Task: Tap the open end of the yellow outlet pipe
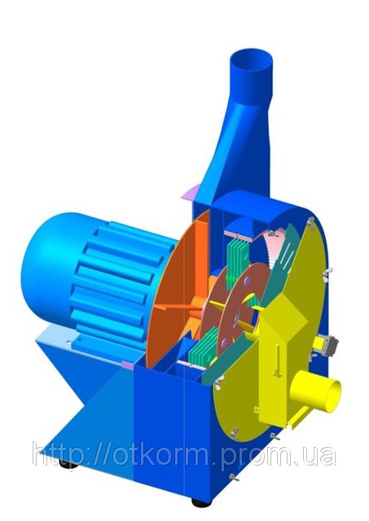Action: (x=333, y=395)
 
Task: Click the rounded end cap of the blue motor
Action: (x=43, y=261)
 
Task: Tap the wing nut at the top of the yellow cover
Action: (x=310, y=221)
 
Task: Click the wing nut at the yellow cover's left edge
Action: (x=219, y=379)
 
